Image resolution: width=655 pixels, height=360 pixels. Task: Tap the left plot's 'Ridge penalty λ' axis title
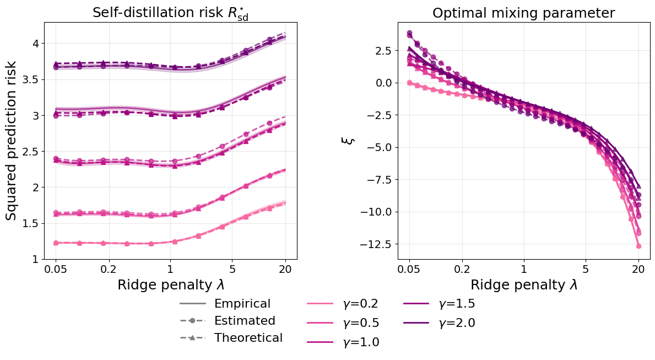(170, 285)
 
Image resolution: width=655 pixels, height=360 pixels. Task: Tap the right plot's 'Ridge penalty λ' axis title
(523, 285)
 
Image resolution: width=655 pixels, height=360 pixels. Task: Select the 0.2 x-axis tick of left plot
(109, 270)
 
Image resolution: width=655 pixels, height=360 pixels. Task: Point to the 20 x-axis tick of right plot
(638, 270)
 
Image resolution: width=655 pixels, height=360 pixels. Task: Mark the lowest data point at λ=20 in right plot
(638, 246)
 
